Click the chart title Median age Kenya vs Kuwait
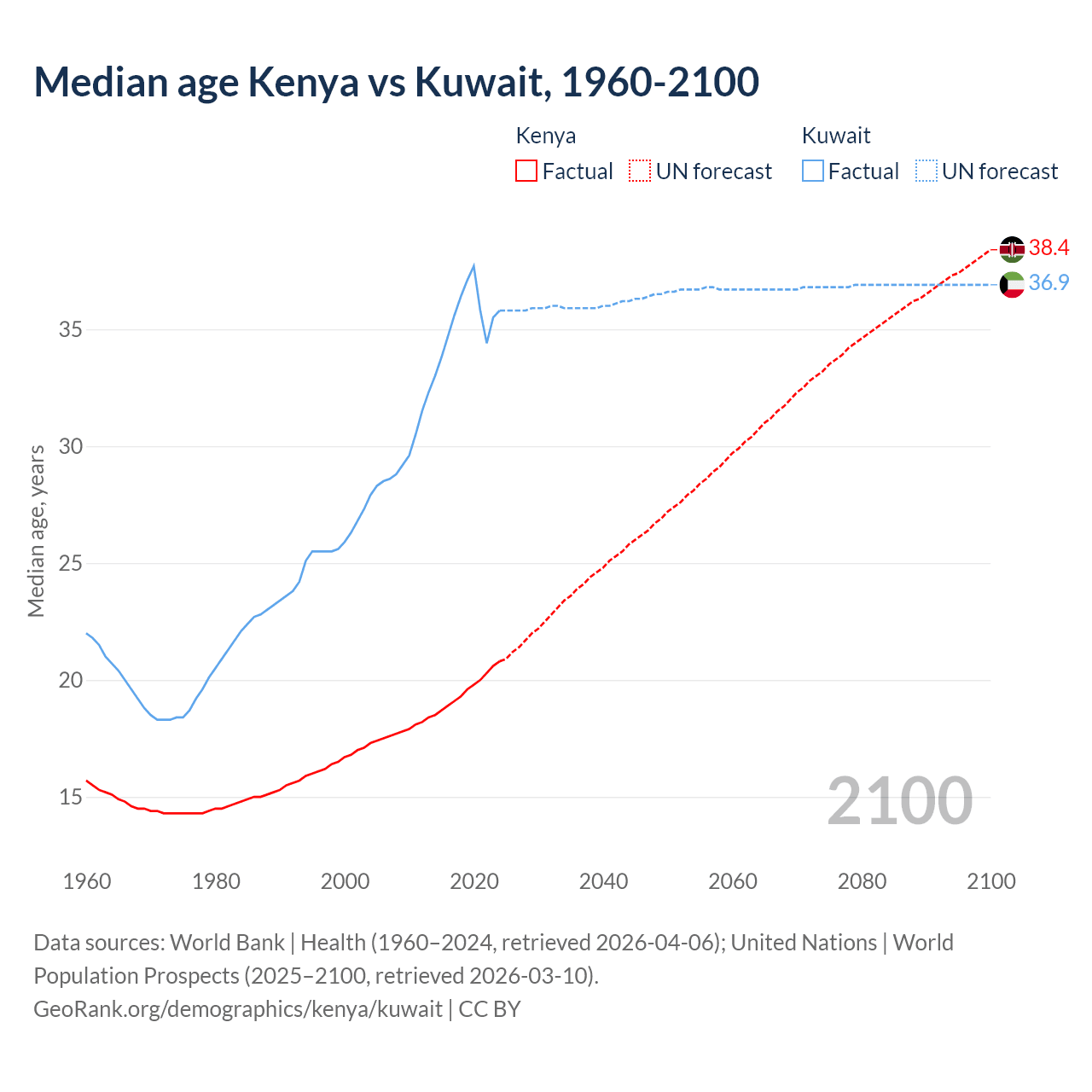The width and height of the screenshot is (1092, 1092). tap(396, 82)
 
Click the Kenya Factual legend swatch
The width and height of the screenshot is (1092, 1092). tap(526, 171)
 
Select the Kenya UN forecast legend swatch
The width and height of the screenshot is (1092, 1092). tap(640, 171)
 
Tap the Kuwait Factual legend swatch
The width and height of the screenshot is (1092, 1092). tap(813, 171)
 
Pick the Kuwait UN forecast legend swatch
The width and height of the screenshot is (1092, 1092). tap(926, 171)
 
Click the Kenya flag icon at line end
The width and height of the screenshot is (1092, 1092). tap(1012, 249)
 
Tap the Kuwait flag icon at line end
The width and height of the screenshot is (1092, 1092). tap(1012, 284)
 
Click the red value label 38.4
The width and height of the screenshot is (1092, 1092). tap(1048, 248)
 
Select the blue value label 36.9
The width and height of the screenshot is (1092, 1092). tap(1048, 283)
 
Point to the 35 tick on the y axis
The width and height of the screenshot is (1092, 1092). tap(70, 329)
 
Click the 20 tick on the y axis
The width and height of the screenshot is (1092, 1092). tap(70, 681)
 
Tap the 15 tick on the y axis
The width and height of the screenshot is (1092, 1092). tap(70, 798)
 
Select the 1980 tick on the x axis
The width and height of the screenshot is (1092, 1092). tap(216, 881)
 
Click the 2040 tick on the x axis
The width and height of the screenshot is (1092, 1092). tap(603, 881)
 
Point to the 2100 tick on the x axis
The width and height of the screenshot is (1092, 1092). tap(990, 881)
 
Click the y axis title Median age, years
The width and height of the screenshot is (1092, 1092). tap(36, 531)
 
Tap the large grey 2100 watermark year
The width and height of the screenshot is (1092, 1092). tap(899, 800)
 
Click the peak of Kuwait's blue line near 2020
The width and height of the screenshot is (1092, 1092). tap(473, 265)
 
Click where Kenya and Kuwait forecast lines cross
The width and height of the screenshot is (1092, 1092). tap(940, 284)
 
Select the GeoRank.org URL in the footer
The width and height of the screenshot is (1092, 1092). tap(238, 1009)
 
